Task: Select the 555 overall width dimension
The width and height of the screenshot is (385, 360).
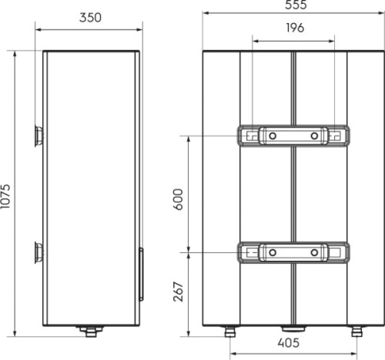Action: point(293,6)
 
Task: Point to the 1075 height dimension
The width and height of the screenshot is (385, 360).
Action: point(8,196)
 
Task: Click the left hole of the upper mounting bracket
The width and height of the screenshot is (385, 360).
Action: point(271,135)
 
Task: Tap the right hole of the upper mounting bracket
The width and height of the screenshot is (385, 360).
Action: point(314,135)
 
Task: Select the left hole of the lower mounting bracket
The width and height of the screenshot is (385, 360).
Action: point(271,252)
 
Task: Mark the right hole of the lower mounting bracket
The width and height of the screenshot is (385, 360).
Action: point(314,252)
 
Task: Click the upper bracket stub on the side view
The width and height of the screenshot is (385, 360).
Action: point(39,136)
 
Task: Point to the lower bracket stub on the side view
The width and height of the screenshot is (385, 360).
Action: point(39,252)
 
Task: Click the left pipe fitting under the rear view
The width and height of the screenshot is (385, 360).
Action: point(229,332)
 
